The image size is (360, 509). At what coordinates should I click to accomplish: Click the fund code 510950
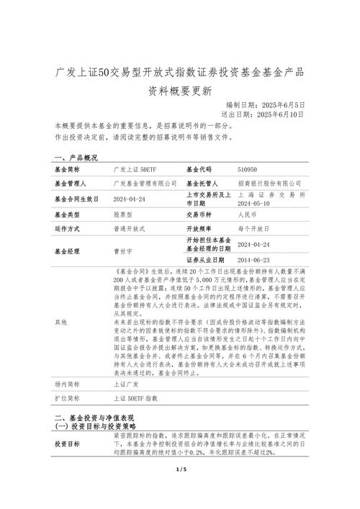tap(247, 170)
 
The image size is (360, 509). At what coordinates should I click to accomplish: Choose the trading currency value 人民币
tap(247, 215)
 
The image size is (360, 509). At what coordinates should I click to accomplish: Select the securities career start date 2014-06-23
tap(253, 259)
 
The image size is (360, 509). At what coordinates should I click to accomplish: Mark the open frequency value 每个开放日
tap(253, 228)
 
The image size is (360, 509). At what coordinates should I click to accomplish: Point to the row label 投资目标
tap(68, 444)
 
